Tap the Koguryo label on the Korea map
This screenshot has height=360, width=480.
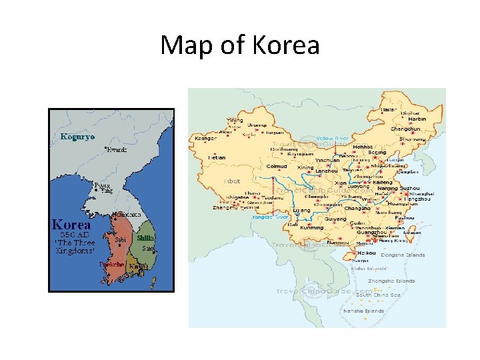click(78, 137)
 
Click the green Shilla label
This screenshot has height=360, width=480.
click(145, 238)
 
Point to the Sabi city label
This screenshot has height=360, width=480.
click(121, 239)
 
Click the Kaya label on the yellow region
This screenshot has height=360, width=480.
click(137, 267)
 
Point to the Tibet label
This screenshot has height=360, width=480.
click(231, 181)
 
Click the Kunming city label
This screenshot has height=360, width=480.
click(311, 228)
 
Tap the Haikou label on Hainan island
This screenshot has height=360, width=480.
click(367, 253)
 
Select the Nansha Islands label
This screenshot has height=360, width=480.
click(363, 311)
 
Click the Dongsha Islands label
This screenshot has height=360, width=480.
click(403, 255)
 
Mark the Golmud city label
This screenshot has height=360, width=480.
click(277, 167)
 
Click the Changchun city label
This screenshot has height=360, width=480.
click(405, 129)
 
